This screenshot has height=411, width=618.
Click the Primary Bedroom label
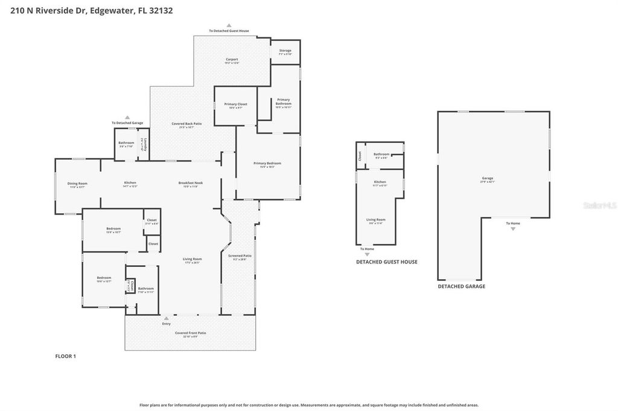[267, 165]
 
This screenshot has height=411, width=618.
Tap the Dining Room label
[77, 184]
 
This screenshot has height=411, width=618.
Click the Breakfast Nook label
[190, 184]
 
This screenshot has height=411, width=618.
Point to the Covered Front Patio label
[190, 334]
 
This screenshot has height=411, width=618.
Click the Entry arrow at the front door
[167, 318]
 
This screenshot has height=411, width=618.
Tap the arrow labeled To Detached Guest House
[229, 25]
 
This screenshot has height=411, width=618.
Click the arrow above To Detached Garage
[127, 118]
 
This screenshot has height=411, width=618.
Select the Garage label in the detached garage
[488, 179]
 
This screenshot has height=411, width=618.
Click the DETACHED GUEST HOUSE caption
[386, 262]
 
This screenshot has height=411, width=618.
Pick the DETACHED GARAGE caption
[461, 287]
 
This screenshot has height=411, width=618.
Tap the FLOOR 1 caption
[65, 356]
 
